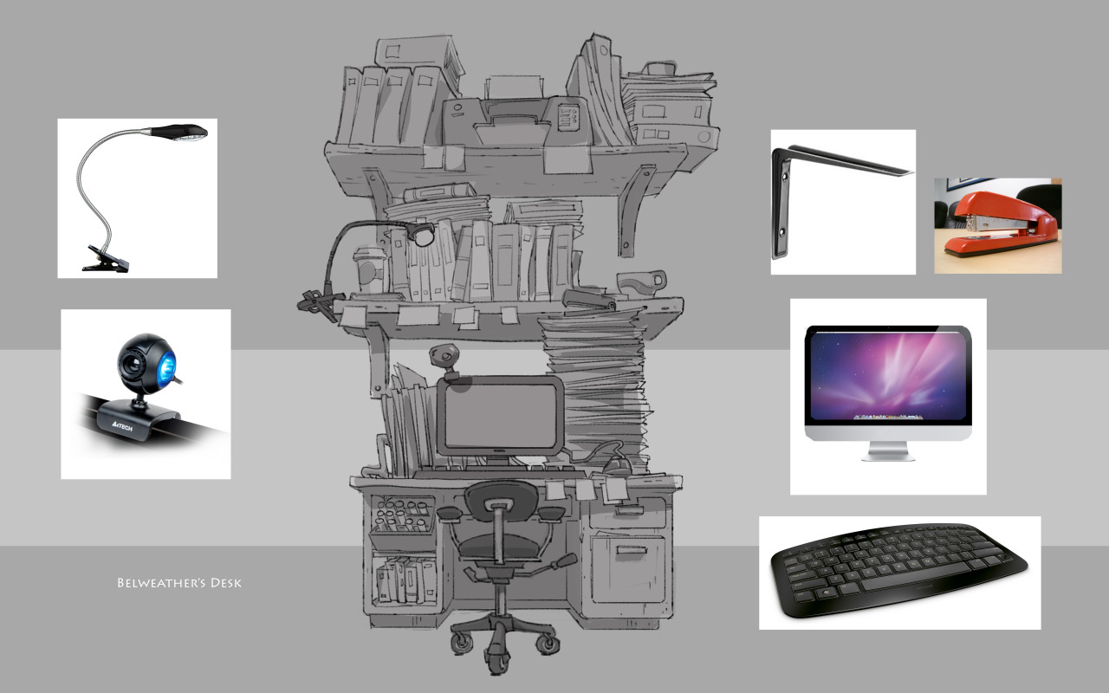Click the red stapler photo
tap(997, 226)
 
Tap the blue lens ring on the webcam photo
tap(167, 366)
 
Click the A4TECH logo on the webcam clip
tap(122, 425)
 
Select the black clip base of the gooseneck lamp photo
tap(106, 260)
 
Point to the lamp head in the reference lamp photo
tap(179, 133)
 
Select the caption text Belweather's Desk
tap(179, 583)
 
